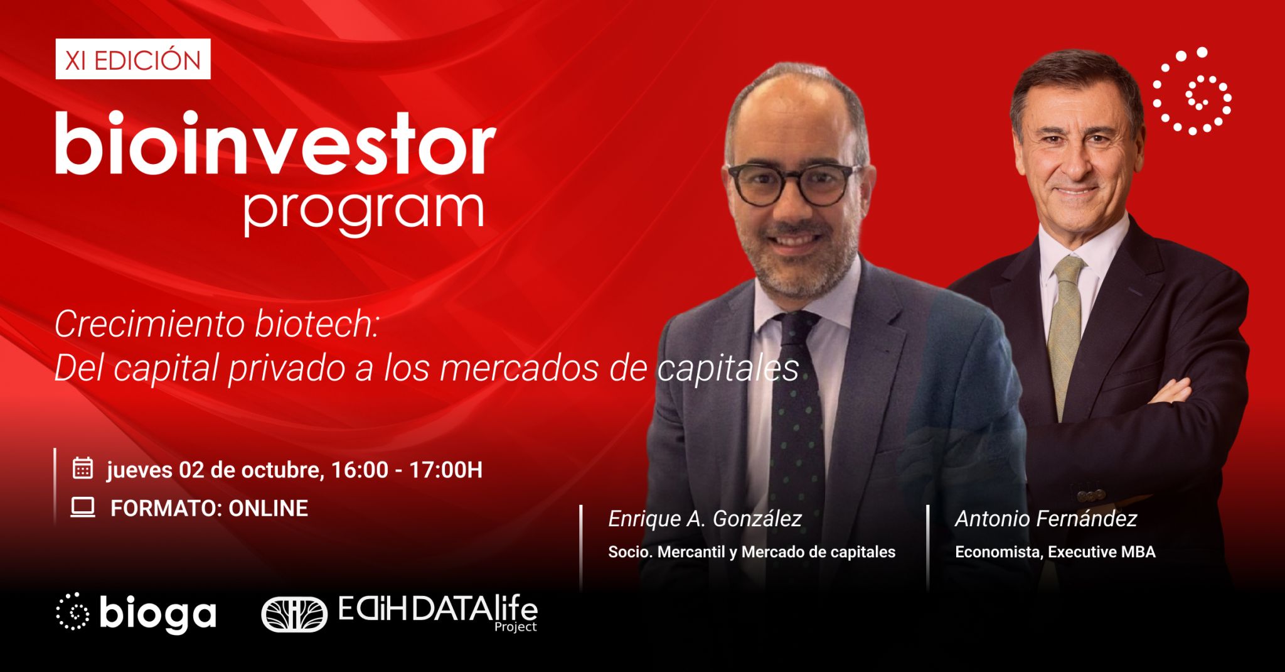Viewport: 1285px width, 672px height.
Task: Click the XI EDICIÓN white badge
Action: [x=132, y=60]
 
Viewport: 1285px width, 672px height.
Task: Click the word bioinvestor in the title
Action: [x=275, y=144]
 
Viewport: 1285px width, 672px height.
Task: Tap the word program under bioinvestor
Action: [x=364, y=210]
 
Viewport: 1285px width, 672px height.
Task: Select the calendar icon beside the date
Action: [x=83, y=469]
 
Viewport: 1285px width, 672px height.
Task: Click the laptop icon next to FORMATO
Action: [x=83, y=507]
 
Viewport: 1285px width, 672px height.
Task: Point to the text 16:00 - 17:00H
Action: [x=407, y=470]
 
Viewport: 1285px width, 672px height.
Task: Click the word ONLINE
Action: [x=268, y=508]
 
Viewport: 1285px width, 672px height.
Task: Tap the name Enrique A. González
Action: [x=705, y=519]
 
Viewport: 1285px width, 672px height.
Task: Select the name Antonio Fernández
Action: [x=1046, y=519]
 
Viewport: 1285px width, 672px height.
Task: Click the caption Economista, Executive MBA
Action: [x=1055, y=552]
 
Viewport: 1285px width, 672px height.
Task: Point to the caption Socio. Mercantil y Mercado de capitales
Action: [x=751, y=552]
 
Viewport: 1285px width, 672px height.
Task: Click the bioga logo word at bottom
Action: [x=157, y=613]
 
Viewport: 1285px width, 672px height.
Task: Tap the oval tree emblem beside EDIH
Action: [x=294, y=614]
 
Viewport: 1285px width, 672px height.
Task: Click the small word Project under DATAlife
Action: [x=515, y=627]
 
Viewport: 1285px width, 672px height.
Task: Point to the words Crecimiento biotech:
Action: [x=217, y=325]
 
